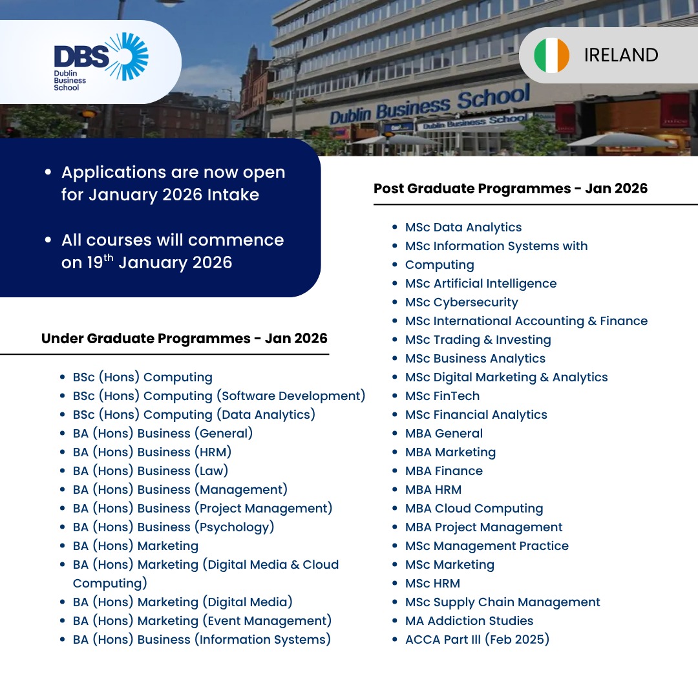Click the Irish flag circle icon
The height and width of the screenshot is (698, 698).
(551, 55)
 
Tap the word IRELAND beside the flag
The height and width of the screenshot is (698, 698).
(621, 55)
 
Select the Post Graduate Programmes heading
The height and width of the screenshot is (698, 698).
(511, 188)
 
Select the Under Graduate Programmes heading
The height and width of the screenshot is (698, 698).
(184, 338)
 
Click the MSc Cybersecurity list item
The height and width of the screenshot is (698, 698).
(461, 302)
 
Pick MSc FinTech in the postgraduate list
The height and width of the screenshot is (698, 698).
(443, 396)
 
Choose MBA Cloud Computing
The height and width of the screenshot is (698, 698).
(474, 509)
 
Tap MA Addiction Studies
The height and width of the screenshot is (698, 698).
(469, 620)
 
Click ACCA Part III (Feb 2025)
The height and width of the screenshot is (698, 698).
(477, 639)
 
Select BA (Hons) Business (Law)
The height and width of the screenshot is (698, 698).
(151, 471)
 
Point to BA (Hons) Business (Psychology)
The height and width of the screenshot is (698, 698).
(174, 527)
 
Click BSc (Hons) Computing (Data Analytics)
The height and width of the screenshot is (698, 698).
(194, 414)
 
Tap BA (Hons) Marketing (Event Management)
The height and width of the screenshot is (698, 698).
(202, 620)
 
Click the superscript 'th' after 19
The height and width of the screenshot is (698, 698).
(109, 258)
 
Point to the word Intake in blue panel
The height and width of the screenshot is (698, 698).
(233, 195)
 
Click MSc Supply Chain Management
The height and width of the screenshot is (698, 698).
(503, 602)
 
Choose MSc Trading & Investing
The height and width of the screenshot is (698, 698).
(478, 340)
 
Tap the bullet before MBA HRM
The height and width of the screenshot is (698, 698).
(394, 490)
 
